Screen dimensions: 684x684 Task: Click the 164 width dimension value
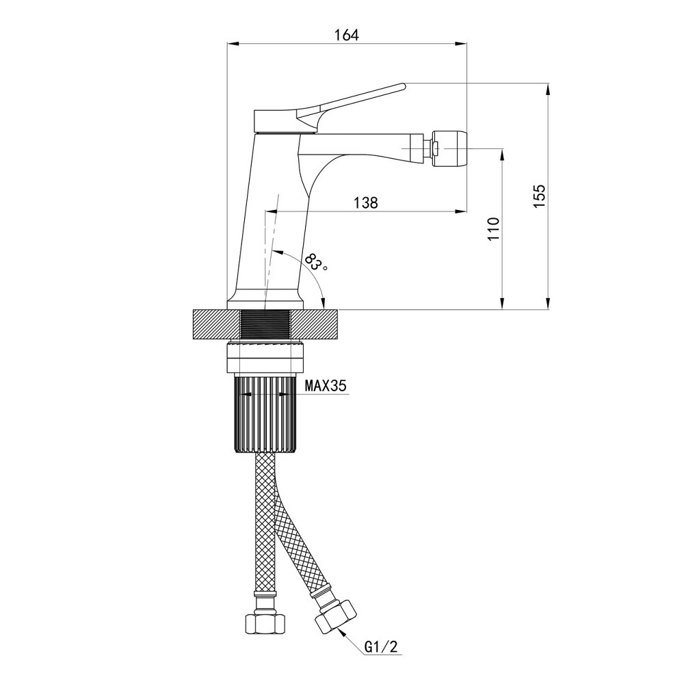click(x=346, y=35)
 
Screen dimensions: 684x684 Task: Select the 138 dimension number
click(x=365, y=202)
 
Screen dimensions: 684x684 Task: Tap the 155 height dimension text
click(x=540, y=196)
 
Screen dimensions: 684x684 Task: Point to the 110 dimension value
click(x=493, y=229)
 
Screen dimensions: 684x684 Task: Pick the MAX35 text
click(x=325, y=386)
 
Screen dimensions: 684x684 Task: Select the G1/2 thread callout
click(x=381, y=648)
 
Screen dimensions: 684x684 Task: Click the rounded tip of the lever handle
click(x=403, y=85)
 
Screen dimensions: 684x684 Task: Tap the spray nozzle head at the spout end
click(x=449, y=148)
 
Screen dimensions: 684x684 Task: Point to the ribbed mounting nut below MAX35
click(x=265, y=415)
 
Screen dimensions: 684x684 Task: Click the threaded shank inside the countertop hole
click(x=265, y=324)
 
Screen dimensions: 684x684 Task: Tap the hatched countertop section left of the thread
click(x=216, y=324)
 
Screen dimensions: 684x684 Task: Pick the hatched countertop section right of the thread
click(x=315, y=324)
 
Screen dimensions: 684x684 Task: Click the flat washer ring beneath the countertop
click(x=265, y=358)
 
